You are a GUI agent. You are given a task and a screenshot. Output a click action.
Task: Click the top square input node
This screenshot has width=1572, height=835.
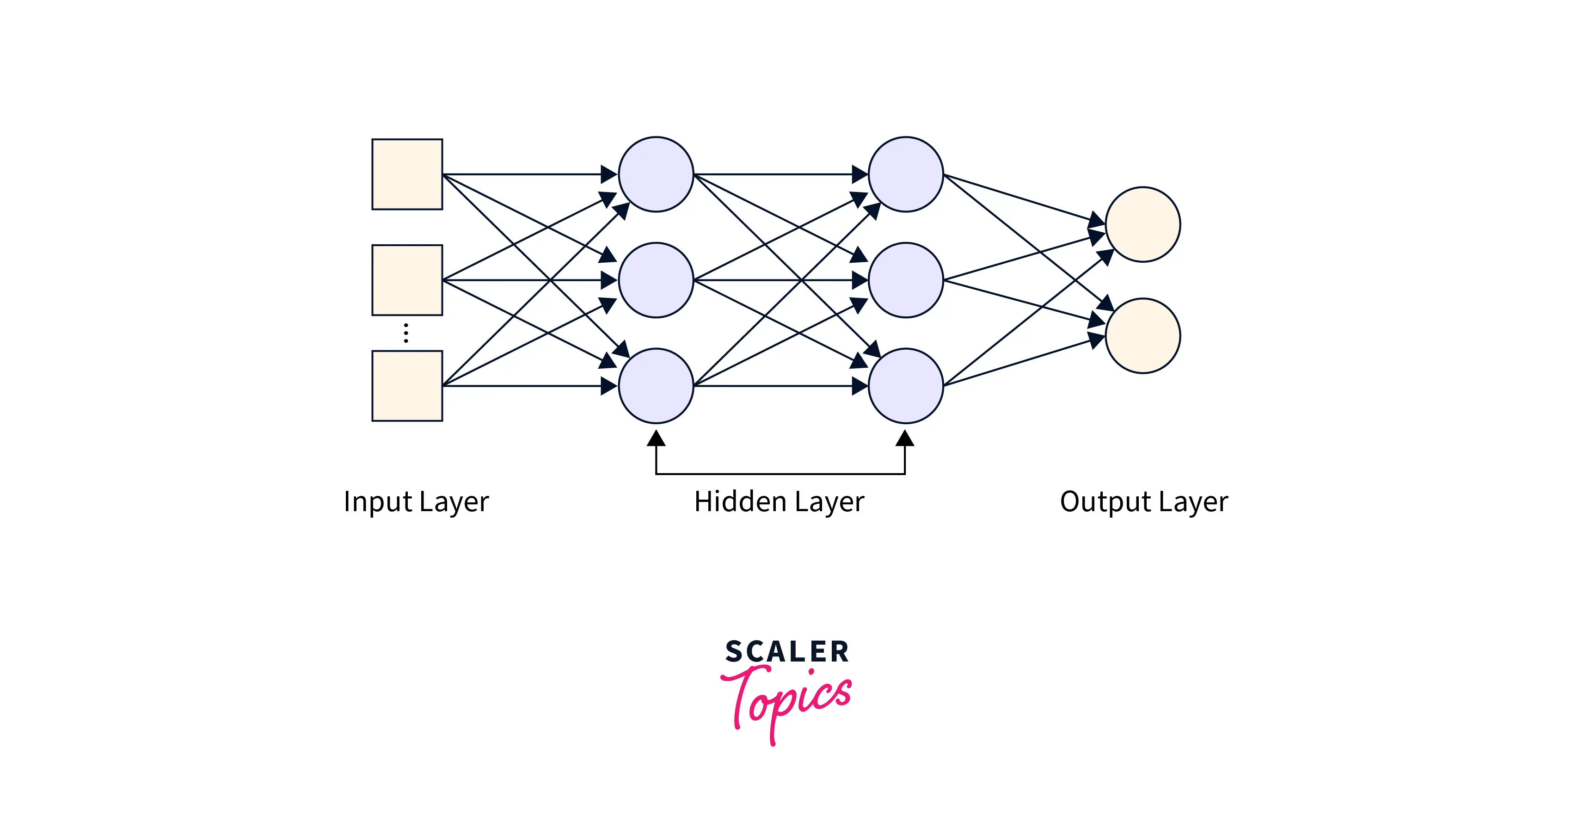click(407, 174)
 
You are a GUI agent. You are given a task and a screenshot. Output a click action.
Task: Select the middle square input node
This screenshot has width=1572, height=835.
click(407, 280)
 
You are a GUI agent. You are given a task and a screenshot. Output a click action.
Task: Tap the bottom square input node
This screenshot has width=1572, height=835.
click(407, 386)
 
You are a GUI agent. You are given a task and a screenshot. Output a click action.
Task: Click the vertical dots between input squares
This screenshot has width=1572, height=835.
click(406, 333)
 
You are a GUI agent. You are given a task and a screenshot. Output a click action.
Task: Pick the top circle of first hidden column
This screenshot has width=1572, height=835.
click(656, 174)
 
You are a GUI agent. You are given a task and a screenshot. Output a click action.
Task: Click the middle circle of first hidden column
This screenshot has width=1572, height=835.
click(656, 280)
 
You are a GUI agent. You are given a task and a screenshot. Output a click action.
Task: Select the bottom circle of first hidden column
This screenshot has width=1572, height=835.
click(656, 386)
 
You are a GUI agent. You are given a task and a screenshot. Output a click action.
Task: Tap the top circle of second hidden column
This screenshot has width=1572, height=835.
click(906, 174)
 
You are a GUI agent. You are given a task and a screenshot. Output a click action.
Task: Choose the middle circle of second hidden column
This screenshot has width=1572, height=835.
click(906, 280)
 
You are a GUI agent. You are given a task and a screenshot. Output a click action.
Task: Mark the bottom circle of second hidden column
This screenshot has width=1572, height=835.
click(906, 386)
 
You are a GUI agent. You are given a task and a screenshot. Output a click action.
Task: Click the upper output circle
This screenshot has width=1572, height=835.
click(1143, 225)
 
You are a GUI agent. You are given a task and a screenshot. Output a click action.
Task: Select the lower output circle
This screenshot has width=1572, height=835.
click(1143, 336)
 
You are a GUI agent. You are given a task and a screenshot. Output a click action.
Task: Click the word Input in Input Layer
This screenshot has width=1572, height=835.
click(378, 502)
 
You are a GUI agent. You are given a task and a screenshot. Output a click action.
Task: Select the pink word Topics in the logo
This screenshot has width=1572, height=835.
click(787, 702)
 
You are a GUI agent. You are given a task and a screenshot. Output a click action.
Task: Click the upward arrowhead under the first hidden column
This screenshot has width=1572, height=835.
click(656, 438)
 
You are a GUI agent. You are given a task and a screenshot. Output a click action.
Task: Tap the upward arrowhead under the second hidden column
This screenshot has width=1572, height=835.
click(905, 438)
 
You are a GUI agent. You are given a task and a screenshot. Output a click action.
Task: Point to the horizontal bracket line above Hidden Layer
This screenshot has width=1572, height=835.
click(780, 474)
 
